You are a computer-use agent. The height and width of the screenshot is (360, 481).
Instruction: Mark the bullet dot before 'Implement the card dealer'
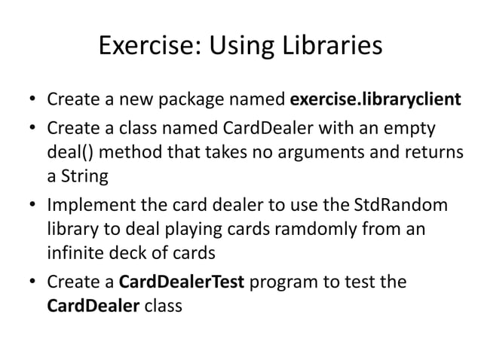pyautogui.click(x=32, y=205)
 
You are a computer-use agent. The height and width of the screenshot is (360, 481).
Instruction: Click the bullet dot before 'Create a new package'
pyautogui.click(x=32, y=100)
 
